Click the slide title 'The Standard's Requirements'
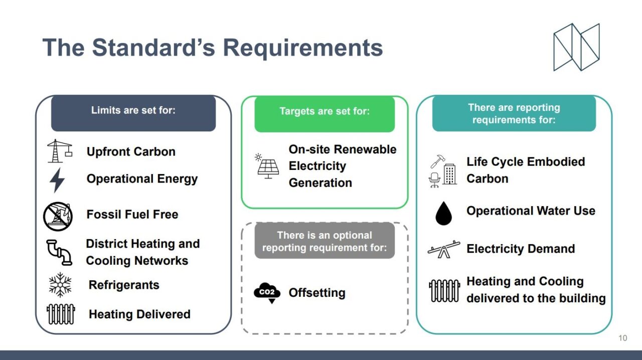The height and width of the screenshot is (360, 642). coord(213,48)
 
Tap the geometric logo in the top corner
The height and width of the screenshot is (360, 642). coord(576,47)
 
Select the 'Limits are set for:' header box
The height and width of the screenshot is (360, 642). coord(133,113)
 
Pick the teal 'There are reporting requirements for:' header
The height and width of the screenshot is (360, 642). coord(514,114)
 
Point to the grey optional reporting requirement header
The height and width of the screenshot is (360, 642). coord(325,241)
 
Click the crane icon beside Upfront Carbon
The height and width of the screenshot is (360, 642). coord(59,151)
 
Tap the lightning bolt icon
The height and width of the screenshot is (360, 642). coord(57,180)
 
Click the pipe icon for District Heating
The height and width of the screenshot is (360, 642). coord(59,252)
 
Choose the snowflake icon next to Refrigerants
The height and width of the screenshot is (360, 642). coord(60,285)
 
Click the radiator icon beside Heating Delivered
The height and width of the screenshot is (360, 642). coord(61,314)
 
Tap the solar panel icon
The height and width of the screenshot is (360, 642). coord(267,166)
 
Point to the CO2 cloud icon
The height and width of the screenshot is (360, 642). coord(267,293)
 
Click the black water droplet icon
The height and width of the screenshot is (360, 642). coord(443,213)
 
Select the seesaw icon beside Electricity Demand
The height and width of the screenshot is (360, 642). coord(444,249)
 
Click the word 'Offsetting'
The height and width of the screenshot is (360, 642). coord(317,293)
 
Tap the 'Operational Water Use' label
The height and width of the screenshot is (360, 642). coord(531,211)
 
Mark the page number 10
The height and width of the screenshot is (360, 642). coord(622,338)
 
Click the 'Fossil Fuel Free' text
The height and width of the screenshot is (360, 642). coord(132,215)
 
